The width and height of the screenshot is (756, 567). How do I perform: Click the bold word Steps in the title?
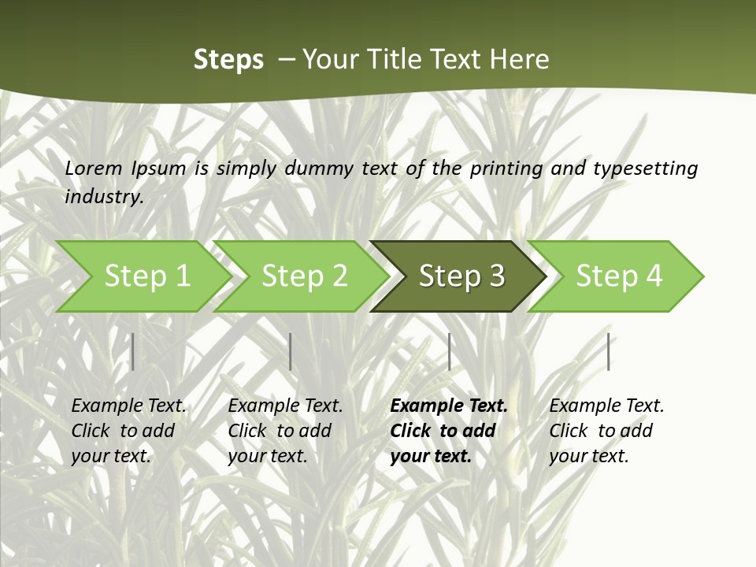coord(228,60)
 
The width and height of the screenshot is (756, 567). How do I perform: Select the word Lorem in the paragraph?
coord(94,168)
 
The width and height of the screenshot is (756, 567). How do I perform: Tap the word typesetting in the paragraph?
coord(645,168)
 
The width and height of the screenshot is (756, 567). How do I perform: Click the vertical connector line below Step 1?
coord(132,351)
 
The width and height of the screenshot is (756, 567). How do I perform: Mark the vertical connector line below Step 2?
coord(291,351)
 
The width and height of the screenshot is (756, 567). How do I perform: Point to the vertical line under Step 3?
coord(450,351)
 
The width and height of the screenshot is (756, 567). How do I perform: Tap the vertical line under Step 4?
coord(609,351)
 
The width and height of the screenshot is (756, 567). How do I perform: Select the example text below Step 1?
coord(128,431)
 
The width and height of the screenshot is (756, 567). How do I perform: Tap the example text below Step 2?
coord(285,431)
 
